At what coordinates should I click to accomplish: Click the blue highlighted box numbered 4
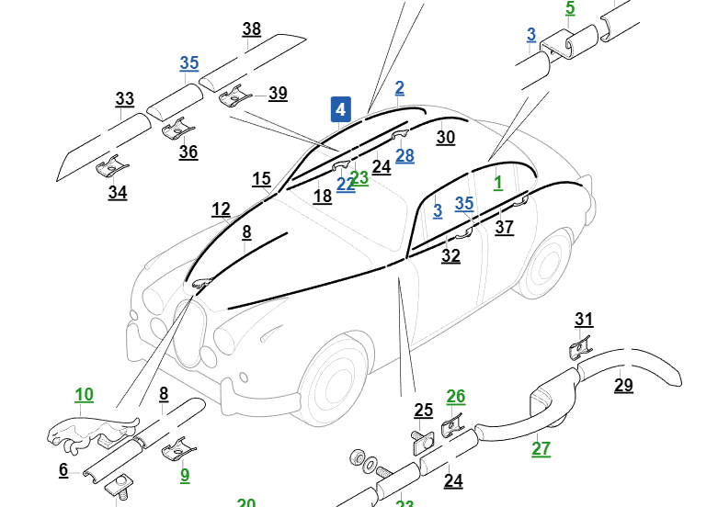point(341,109)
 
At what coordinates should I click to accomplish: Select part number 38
point(252,29)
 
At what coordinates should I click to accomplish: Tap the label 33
point(125,99)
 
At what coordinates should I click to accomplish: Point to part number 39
point(278,94)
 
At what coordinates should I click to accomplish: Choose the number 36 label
point(188,152)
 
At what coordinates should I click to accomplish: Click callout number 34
point(118,193)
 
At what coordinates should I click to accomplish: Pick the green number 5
point(570,9)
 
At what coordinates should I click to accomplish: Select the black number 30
point(446,137)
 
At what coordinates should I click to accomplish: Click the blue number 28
point(405,155)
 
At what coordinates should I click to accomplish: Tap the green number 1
point(498,182)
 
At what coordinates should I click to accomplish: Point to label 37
point(505,228)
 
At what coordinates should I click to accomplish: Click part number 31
point(584,320)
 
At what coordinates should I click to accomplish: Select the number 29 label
point(623,385)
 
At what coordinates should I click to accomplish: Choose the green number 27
point(541,449)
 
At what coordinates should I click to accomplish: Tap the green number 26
point(456,397)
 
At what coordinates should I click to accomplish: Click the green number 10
point(84,395)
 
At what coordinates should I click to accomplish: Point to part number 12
point(221,209)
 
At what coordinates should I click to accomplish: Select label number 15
point(261,178)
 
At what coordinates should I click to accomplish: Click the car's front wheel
point(332,386)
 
